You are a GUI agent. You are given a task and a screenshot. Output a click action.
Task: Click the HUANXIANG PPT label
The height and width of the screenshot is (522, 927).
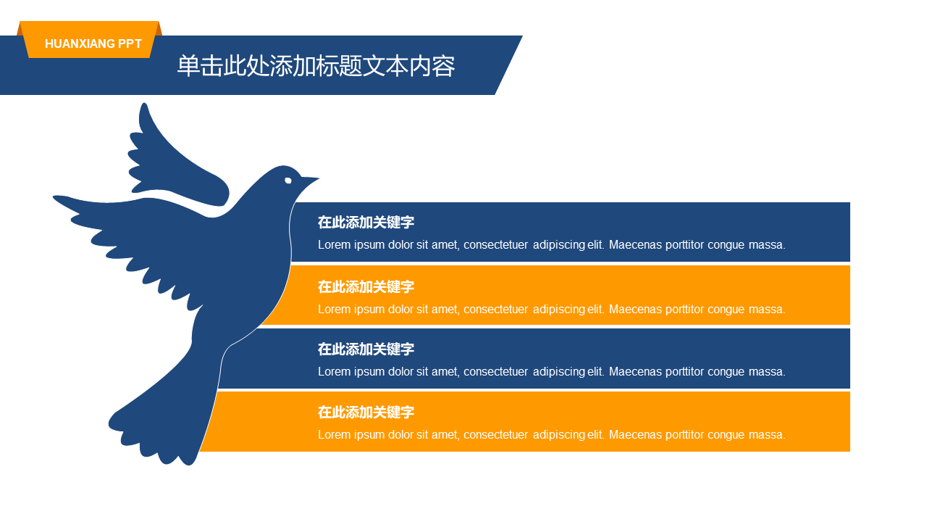[93, 43]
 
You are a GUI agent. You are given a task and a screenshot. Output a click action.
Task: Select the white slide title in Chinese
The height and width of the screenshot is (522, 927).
[316, 66]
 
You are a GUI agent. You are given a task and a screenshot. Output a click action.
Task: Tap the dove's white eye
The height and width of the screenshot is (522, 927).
[288, 181]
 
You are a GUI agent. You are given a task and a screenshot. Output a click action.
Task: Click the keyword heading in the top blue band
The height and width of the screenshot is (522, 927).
[366, 223]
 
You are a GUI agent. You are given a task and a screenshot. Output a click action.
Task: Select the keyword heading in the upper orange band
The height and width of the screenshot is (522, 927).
[366, 286]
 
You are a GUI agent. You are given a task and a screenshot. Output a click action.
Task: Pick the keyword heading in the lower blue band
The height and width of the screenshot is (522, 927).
[366, 349]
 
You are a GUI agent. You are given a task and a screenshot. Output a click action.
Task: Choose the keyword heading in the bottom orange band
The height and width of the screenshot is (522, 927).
[366, 413]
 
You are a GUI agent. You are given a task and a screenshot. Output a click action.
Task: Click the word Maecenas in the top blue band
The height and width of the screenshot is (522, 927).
[635, 245]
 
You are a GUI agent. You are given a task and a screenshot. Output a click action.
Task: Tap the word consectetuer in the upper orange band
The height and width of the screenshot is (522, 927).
[496, 310]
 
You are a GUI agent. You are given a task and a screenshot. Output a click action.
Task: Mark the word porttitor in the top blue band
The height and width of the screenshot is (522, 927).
[684, 245]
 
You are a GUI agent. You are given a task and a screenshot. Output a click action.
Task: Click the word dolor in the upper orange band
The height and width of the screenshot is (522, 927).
[400, 309]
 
